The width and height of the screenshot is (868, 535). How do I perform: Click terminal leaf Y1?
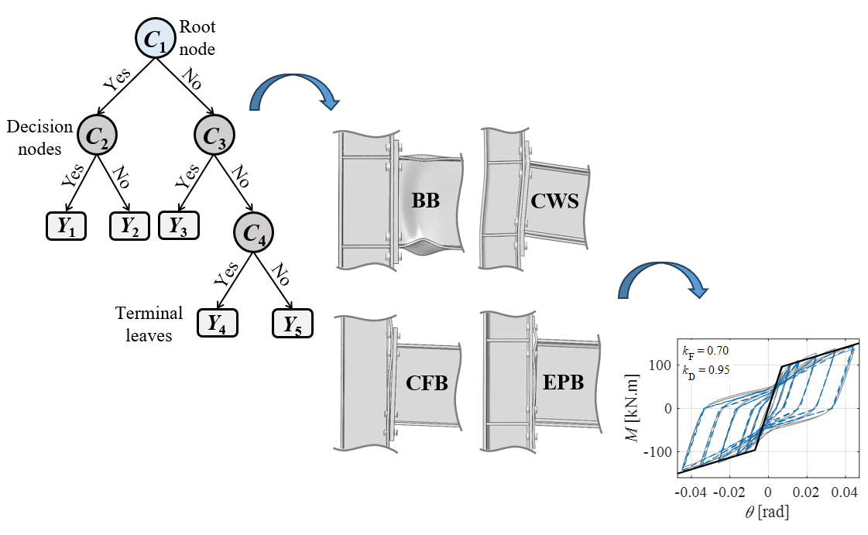tap(66, 227)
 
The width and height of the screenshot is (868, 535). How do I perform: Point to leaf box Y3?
tap(179, 227)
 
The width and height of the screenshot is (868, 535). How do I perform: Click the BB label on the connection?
tap(426, 201)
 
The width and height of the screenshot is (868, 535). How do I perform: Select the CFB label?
tap(427, 382)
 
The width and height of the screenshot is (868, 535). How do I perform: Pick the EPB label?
tap(561, 382)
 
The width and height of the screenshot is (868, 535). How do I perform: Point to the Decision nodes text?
tap(39, 137)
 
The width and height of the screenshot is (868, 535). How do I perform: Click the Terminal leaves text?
tap(149, 324)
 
